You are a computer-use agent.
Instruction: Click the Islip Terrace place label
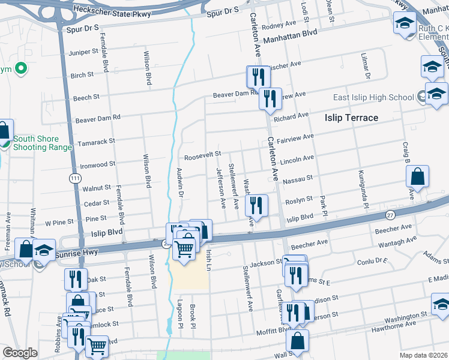click(352, 117)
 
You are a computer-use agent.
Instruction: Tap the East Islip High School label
click(372, 98)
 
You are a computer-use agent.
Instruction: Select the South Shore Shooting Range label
click(38, 143)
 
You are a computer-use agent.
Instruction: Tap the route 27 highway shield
click(391, 215)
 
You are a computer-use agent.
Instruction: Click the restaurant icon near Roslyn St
click(256, 205)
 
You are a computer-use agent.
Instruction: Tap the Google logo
click(20, 353)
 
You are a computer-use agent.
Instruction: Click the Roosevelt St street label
click(203, 156)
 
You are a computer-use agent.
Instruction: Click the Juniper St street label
click(83, 53)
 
